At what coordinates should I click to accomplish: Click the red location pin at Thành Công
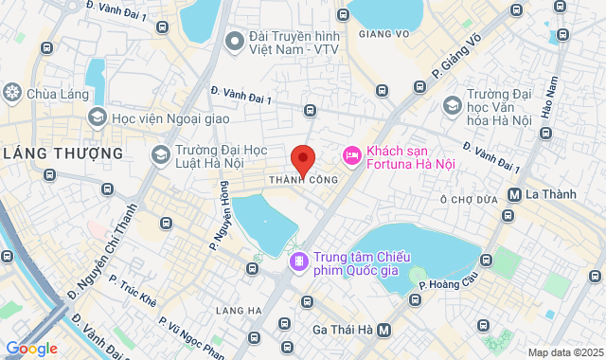[x=302, y=157]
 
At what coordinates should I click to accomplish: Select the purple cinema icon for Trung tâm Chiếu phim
[x=299, y=260]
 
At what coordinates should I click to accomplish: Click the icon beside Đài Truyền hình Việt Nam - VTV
[x=234, y=42]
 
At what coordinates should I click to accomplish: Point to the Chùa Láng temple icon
[x=12, y=92]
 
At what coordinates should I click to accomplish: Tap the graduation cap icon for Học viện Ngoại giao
[x=97, y=117]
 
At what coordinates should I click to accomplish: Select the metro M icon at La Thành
[x=515, y=194]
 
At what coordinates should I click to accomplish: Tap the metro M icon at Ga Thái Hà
[x=384, y=331]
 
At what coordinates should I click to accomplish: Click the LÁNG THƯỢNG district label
[x=63, y=153]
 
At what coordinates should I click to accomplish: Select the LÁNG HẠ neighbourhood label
[x=238, y=310]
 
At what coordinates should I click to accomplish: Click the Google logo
[x=30, y=349]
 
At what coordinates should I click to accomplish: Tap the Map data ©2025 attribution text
[x=565, y=353]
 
